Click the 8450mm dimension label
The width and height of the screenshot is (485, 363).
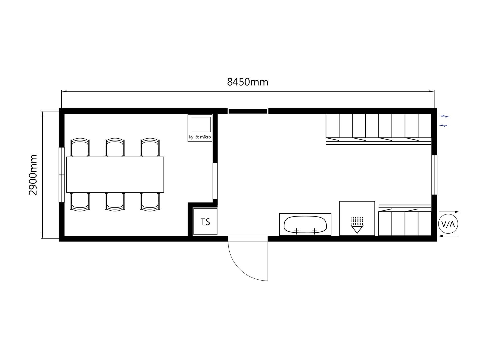[248, 82]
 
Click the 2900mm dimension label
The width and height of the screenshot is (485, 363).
[33, 175]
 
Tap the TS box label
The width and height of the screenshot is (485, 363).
[205, 222]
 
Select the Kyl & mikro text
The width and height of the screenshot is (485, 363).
[200, 137]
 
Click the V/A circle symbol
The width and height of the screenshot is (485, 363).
[448, 224]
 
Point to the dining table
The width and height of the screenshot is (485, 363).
[115, 175]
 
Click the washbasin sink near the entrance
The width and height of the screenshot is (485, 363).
[305, 224]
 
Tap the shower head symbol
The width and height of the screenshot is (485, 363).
[357, 225]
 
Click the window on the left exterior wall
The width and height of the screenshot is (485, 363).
[62, 175]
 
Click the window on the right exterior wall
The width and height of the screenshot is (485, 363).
[434, 175]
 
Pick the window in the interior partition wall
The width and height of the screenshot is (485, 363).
[215, 181]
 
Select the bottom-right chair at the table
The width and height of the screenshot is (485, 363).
[150, 201]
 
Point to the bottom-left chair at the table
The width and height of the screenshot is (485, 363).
[80, 201]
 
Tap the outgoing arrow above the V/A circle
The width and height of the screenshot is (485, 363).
[449, 212]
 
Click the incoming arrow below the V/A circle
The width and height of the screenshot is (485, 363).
[449, 236]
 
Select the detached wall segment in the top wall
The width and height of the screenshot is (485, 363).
[248, 111]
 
